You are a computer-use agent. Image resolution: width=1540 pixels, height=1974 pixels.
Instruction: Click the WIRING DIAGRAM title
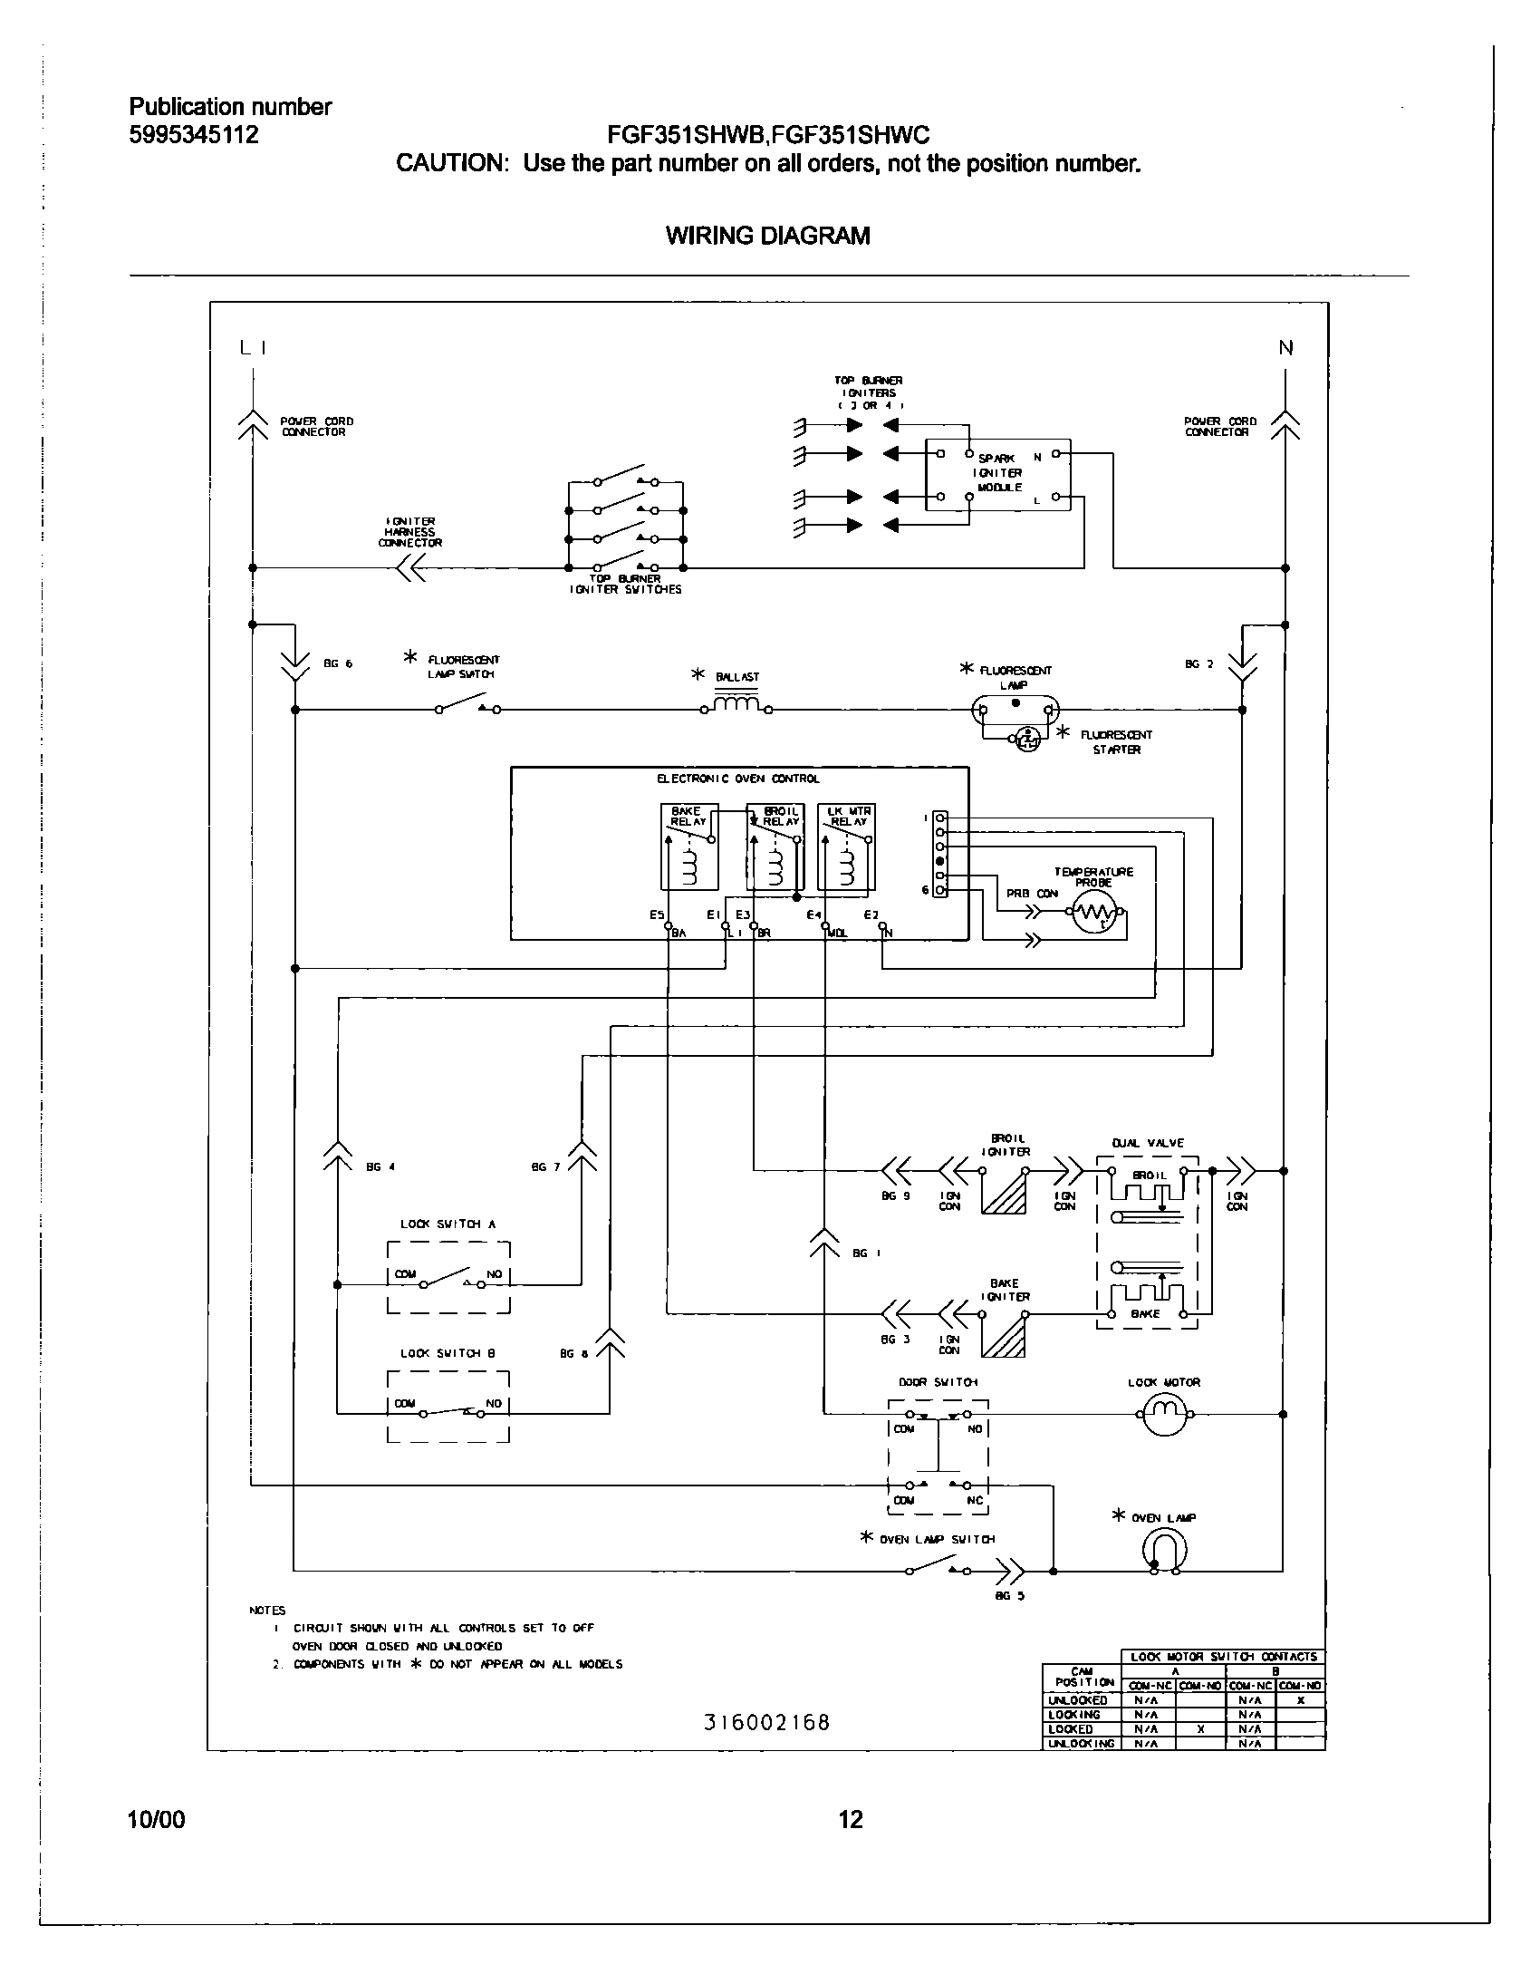tap(767, 236)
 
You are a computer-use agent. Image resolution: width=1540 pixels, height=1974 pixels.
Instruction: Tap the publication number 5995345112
tap(194, 135)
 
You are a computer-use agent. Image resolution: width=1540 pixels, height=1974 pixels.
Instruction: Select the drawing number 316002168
tap(766, 1722)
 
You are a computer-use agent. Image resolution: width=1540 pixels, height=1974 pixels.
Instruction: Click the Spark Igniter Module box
tap(997, 474)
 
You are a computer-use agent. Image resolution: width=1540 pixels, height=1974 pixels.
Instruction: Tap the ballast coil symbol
tap(736, 704)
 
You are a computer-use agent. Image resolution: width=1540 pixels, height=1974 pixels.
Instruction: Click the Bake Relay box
tap(689, 847)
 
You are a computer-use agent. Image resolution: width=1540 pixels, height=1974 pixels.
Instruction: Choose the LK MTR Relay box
tap(846, 847)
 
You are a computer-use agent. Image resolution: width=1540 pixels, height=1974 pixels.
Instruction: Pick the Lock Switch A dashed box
tap(448, 1278)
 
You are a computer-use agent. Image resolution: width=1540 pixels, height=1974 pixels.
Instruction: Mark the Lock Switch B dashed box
tap(448, 1407)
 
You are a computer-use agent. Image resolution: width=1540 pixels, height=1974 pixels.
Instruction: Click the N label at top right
tap(1285, 348)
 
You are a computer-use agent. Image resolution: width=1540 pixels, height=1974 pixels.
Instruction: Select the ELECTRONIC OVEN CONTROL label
tap(737, 779)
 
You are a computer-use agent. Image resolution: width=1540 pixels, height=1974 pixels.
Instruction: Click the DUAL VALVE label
tap(1147, 1144)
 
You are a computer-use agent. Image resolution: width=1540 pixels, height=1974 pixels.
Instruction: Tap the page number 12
tap(852, 1819)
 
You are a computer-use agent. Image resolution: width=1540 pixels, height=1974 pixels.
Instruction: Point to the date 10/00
tap(158, 1819)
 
